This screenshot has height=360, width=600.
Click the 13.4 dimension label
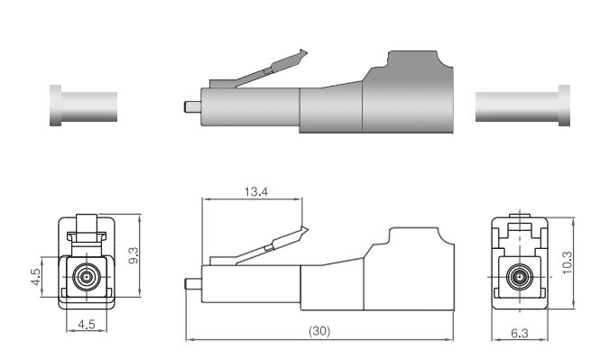pos(256,191)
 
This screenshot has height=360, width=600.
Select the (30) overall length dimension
pos(319,330)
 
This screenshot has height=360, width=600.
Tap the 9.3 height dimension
pos(134,255)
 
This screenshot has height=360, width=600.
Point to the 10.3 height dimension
pos(568,263)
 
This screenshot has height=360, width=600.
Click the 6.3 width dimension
pos(520,333)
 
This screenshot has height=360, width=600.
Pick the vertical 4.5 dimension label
pos(35,277)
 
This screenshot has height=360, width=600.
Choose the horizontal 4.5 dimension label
pos(86,325)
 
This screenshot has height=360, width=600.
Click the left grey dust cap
pos(83,106)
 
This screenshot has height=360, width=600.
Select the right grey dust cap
pos(522,106)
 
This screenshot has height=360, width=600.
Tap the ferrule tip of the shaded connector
pos(186,106)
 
